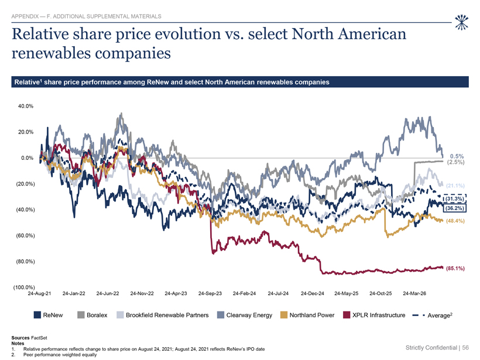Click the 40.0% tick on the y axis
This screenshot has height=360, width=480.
[x=26, y=106]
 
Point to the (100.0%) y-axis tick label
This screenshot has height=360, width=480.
[x=24, y=287]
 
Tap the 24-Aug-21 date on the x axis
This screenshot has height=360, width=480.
[x=39, y=293]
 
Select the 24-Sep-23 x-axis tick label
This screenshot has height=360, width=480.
[x=210, y=293]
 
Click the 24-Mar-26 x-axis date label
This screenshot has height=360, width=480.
[x=414, y=293]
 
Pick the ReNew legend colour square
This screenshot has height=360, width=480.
[x=37, y=315]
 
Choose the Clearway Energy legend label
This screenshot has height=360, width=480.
[x=249, y=316]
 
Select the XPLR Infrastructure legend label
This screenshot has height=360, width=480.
[x=379, y=315]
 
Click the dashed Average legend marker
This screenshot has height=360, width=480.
[x=419, y=315]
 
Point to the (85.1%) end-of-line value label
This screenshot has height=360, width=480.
[x=455, y=269]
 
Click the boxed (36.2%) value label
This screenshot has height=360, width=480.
[x=455, y=208]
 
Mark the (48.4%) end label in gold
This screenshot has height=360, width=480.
[x=455, y=221]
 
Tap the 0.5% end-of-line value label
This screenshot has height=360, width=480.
[x=457, y=156]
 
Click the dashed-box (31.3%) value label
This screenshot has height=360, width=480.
[x=455, y=198]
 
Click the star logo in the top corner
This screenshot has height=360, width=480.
[x=462, y=22]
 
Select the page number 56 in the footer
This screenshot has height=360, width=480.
[x=465, y=348]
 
